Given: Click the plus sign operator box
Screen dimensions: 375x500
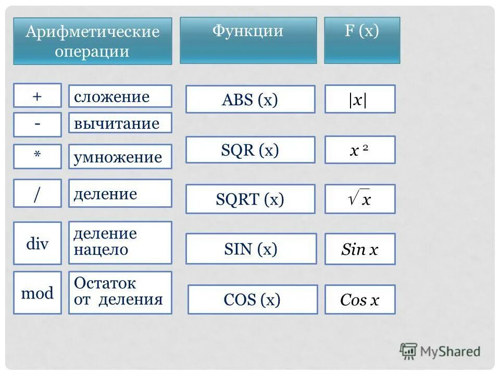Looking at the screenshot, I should [37, 96].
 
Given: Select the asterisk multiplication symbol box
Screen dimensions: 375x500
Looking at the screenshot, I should [37, 156].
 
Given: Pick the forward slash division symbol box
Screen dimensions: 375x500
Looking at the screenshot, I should [37, 193].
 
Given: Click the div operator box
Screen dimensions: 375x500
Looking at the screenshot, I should [37, 243].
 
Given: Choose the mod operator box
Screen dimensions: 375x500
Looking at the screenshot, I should [37, 293].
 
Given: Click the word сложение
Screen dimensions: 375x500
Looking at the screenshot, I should [111, 97].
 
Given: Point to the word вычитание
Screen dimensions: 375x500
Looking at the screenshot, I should [116, 124].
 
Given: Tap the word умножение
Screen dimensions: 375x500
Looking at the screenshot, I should [118, 157].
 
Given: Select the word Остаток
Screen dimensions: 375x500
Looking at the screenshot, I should [105, 284].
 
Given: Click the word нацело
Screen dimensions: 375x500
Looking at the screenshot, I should [101, 250].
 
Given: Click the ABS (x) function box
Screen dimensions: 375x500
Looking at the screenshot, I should [250, 99].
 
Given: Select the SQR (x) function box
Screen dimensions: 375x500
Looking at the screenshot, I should [250, 150].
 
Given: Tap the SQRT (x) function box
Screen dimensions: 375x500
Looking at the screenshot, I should [250, 199].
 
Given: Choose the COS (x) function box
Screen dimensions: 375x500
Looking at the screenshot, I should [252, 299].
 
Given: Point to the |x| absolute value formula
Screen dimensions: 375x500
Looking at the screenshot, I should [359, 99].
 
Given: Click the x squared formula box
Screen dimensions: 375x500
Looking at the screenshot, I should [359, 150].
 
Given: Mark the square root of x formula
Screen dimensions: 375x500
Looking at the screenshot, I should [359, 199].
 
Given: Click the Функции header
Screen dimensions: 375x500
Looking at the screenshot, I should [248, 31].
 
